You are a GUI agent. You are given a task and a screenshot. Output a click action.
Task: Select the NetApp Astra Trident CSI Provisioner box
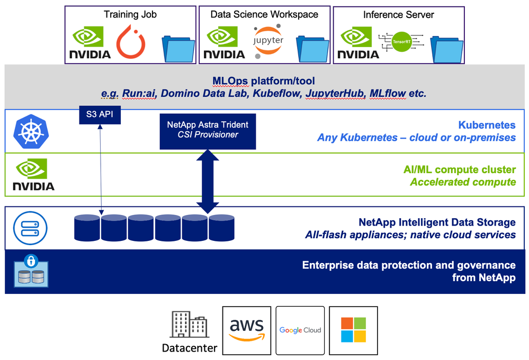click(x=208, y=130)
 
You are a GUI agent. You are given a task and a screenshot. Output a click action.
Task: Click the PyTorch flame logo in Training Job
click(x=130, y=42)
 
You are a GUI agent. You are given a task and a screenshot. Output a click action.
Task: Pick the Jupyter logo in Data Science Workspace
click(x=268, y=41)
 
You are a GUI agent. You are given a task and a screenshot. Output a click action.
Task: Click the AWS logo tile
click(x=247, y=330)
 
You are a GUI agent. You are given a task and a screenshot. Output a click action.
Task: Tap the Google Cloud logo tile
click(x=300, y=330)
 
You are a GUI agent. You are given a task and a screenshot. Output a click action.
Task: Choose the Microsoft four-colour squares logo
click(x=353, y=330)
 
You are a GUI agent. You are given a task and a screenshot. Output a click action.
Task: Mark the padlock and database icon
click(x=31, y=271)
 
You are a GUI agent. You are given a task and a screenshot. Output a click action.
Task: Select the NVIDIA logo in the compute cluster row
click(x=33, y=175)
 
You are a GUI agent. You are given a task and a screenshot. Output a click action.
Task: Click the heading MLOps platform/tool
click(x=264, y=81)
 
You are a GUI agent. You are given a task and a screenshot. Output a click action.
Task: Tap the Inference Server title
click(x=398, y=15)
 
